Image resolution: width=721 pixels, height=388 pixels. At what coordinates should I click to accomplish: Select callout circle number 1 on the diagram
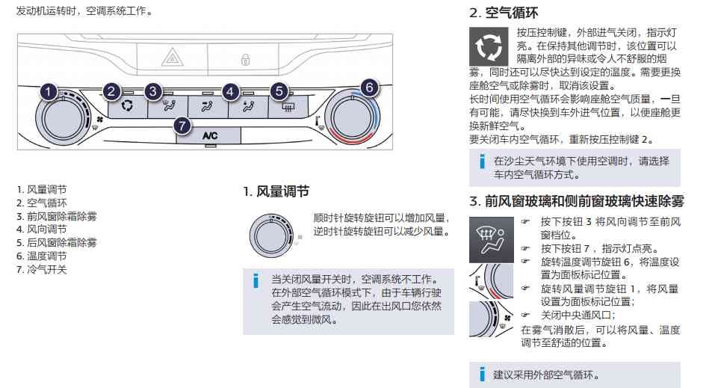coord(48,93)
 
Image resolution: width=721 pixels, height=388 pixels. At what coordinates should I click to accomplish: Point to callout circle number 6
coord(367,87)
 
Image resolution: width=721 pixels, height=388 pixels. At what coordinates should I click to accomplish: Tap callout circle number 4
coord(231,92)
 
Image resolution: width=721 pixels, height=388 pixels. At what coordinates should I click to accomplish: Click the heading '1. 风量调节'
coord(276,191)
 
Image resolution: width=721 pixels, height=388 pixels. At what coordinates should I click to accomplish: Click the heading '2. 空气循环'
coord(503,13)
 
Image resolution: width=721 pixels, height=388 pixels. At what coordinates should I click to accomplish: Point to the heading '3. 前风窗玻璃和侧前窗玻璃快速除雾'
coord(576,201)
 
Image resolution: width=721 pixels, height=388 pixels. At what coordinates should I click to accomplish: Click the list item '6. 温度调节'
coord(42,256)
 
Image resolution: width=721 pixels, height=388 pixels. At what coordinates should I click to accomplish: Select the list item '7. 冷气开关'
coord(42,270)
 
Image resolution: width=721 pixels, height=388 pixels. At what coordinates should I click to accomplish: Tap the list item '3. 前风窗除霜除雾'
coord(57,217)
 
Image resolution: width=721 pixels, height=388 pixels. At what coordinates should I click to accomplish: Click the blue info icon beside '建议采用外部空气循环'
coord(483,374)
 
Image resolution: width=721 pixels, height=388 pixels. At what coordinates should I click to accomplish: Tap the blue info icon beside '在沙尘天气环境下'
coord(483,161)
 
